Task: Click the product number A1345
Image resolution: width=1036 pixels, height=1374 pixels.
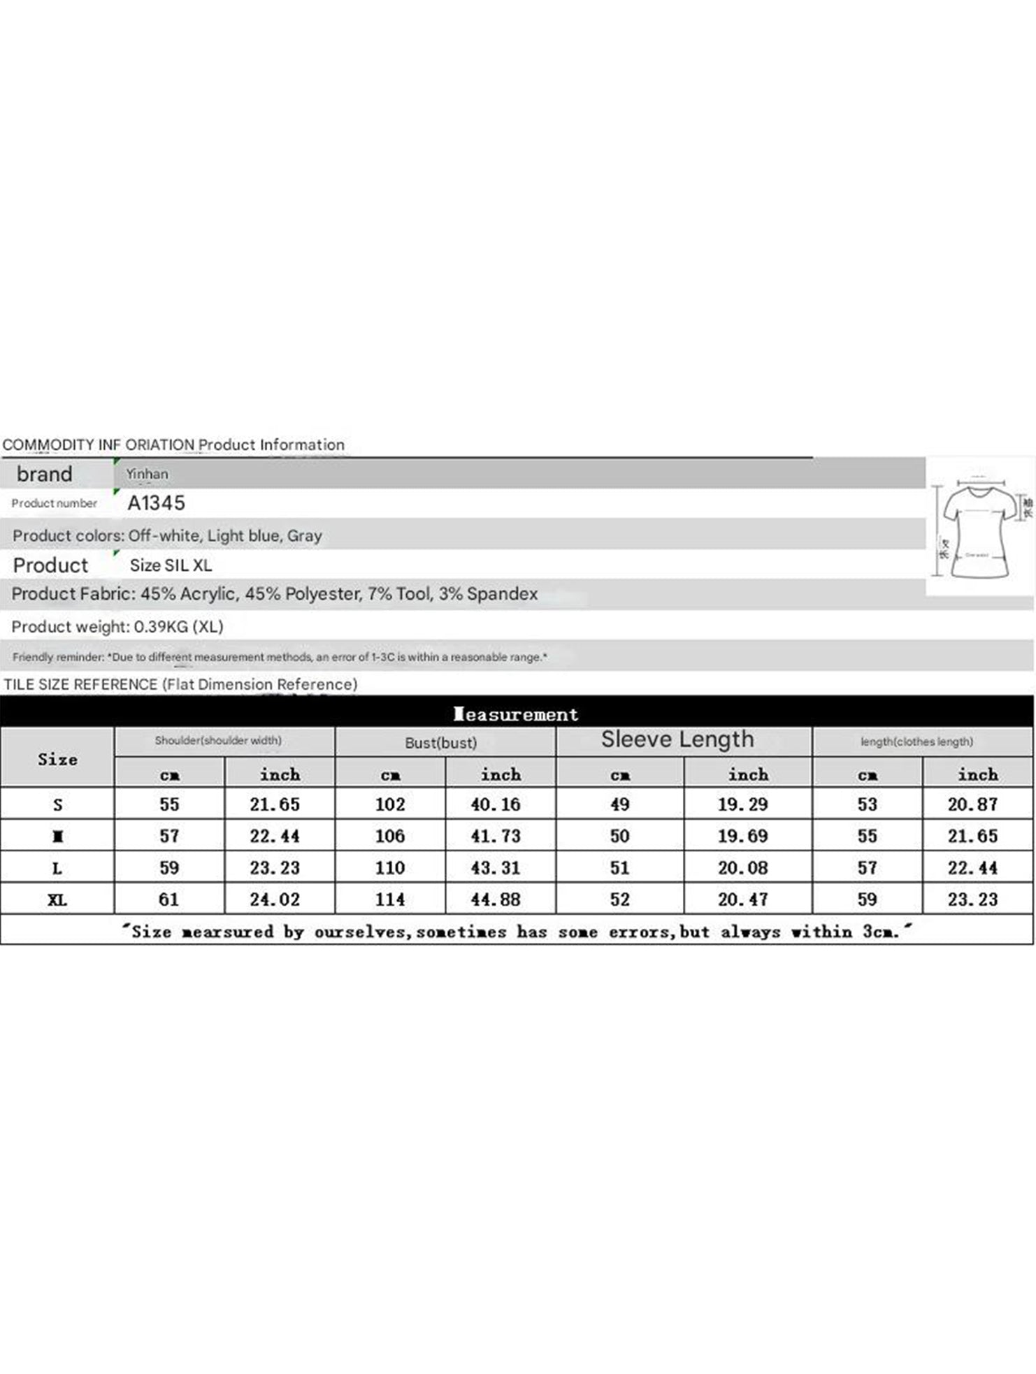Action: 156,503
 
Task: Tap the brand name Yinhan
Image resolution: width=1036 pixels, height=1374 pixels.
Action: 147,474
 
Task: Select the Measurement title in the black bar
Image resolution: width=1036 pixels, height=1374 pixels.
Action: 516,714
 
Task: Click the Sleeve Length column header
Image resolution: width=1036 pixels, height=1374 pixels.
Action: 677,739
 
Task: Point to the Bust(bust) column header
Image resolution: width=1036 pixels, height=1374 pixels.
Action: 440,743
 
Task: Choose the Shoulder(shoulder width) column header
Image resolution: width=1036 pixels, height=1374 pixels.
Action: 218,741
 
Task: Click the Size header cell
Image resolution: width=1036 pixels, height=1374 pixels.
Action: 57,759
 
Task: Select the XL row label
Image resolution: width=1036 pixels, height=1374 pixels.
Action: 57,900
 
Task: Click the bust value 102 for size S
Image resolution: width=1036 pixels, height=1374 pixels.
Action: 390,804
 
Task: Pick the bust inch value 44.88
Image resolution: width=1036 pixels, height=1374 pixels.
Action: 495,900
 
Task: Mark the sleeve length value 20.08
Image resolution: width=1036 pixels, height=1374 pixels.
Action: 742,868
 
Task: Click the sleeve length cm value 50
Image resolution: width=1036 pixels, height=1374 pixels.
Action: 619,836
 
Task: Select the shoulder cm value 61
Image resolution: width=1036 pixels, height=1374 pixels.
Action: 169,899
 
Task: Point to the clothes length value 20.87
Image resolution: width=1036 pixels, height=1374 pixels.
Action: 972,804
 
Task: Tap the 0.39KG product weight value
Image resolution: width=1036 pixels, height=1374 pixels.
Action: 161,626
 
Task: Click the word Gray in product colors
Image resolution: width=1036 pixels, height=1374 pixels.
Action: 305,536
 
